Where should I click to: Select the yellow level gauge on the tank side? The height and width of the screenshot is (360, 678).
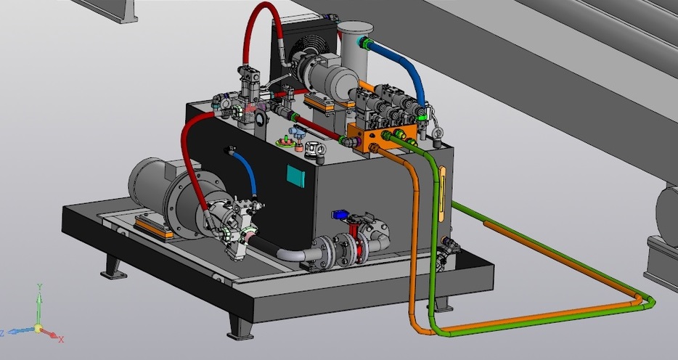[441, 195]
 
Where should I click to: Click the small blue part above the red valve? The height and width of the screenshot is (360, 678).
[339, 214]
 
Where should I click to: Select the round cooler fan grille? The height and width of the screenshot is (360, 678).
[304, 49]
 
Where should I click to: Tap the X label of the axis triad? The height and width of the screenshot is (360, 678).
[61, 339]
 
